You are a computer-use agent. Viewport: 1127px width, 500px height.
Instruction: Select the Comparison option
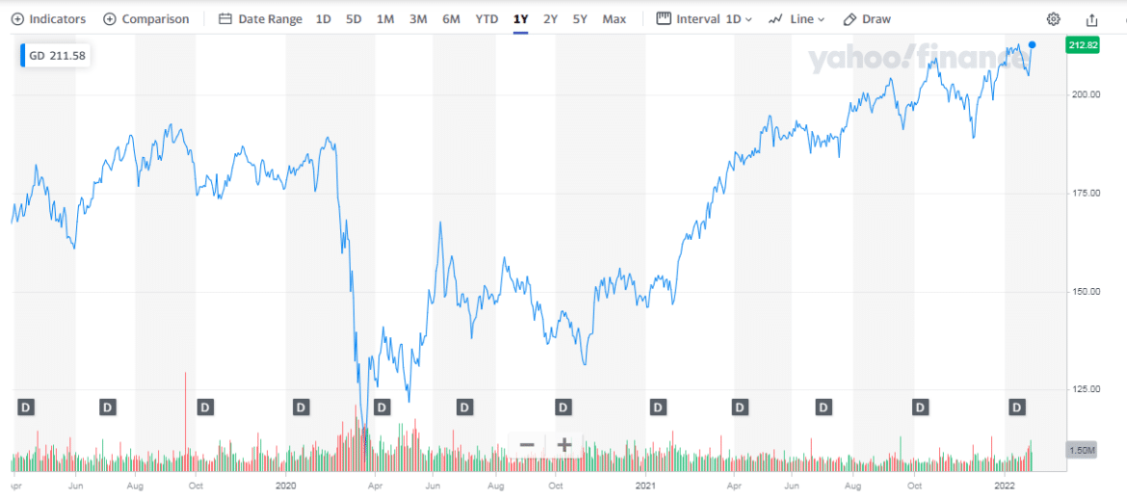(x=145, y=19)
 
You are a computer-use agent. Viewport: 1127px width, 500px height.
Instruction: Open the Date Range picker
(x=260, y=19)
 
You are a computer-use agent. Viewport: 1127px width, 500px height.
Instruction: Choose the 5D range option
(x=354, y=19)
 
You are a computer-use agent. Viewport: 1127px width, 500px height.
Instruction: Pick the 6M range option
(x=451, y=19)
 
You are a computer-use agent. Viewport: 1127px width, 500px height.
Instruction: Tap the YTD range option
(x=486, y=19)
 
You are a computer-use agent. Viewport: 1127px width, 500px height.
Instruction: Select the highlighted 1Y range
(x=520, y=19)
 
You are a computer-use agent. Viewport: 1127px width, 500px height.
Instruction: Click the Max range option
(x=614, y=19)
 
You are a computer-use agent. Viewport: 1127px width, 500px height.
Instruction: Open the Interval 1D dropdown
(x=704, y=19)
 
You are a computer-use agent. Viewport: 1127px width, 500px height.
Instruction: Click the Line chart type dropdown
(x=797, y=19)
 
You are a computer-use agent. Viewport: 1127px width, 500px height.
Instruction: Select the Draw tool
(x=867, y=19)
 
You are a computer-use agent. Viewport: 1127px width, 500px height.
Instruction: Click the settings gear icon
(x=1054, y=19)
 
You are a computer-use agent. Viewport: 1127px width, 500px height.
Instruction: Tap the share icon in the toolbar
(x=1091, y=19)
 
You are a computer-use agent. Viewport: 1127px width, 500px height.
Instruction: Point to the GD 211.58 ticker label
(x=56, y=56)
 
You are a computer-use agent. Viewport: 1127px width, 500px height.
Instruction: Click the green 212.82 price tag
(x=1084, y=45)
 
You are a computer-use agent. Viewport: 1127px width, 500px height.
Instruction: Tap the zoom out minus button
(x=527, y=445)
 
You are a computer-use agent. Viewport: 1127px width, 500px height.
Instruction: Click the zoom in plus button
(x=564, y=445)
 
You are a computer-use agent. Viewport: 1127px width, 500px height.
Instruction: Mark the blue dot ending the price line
(x=1033, y=44)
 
